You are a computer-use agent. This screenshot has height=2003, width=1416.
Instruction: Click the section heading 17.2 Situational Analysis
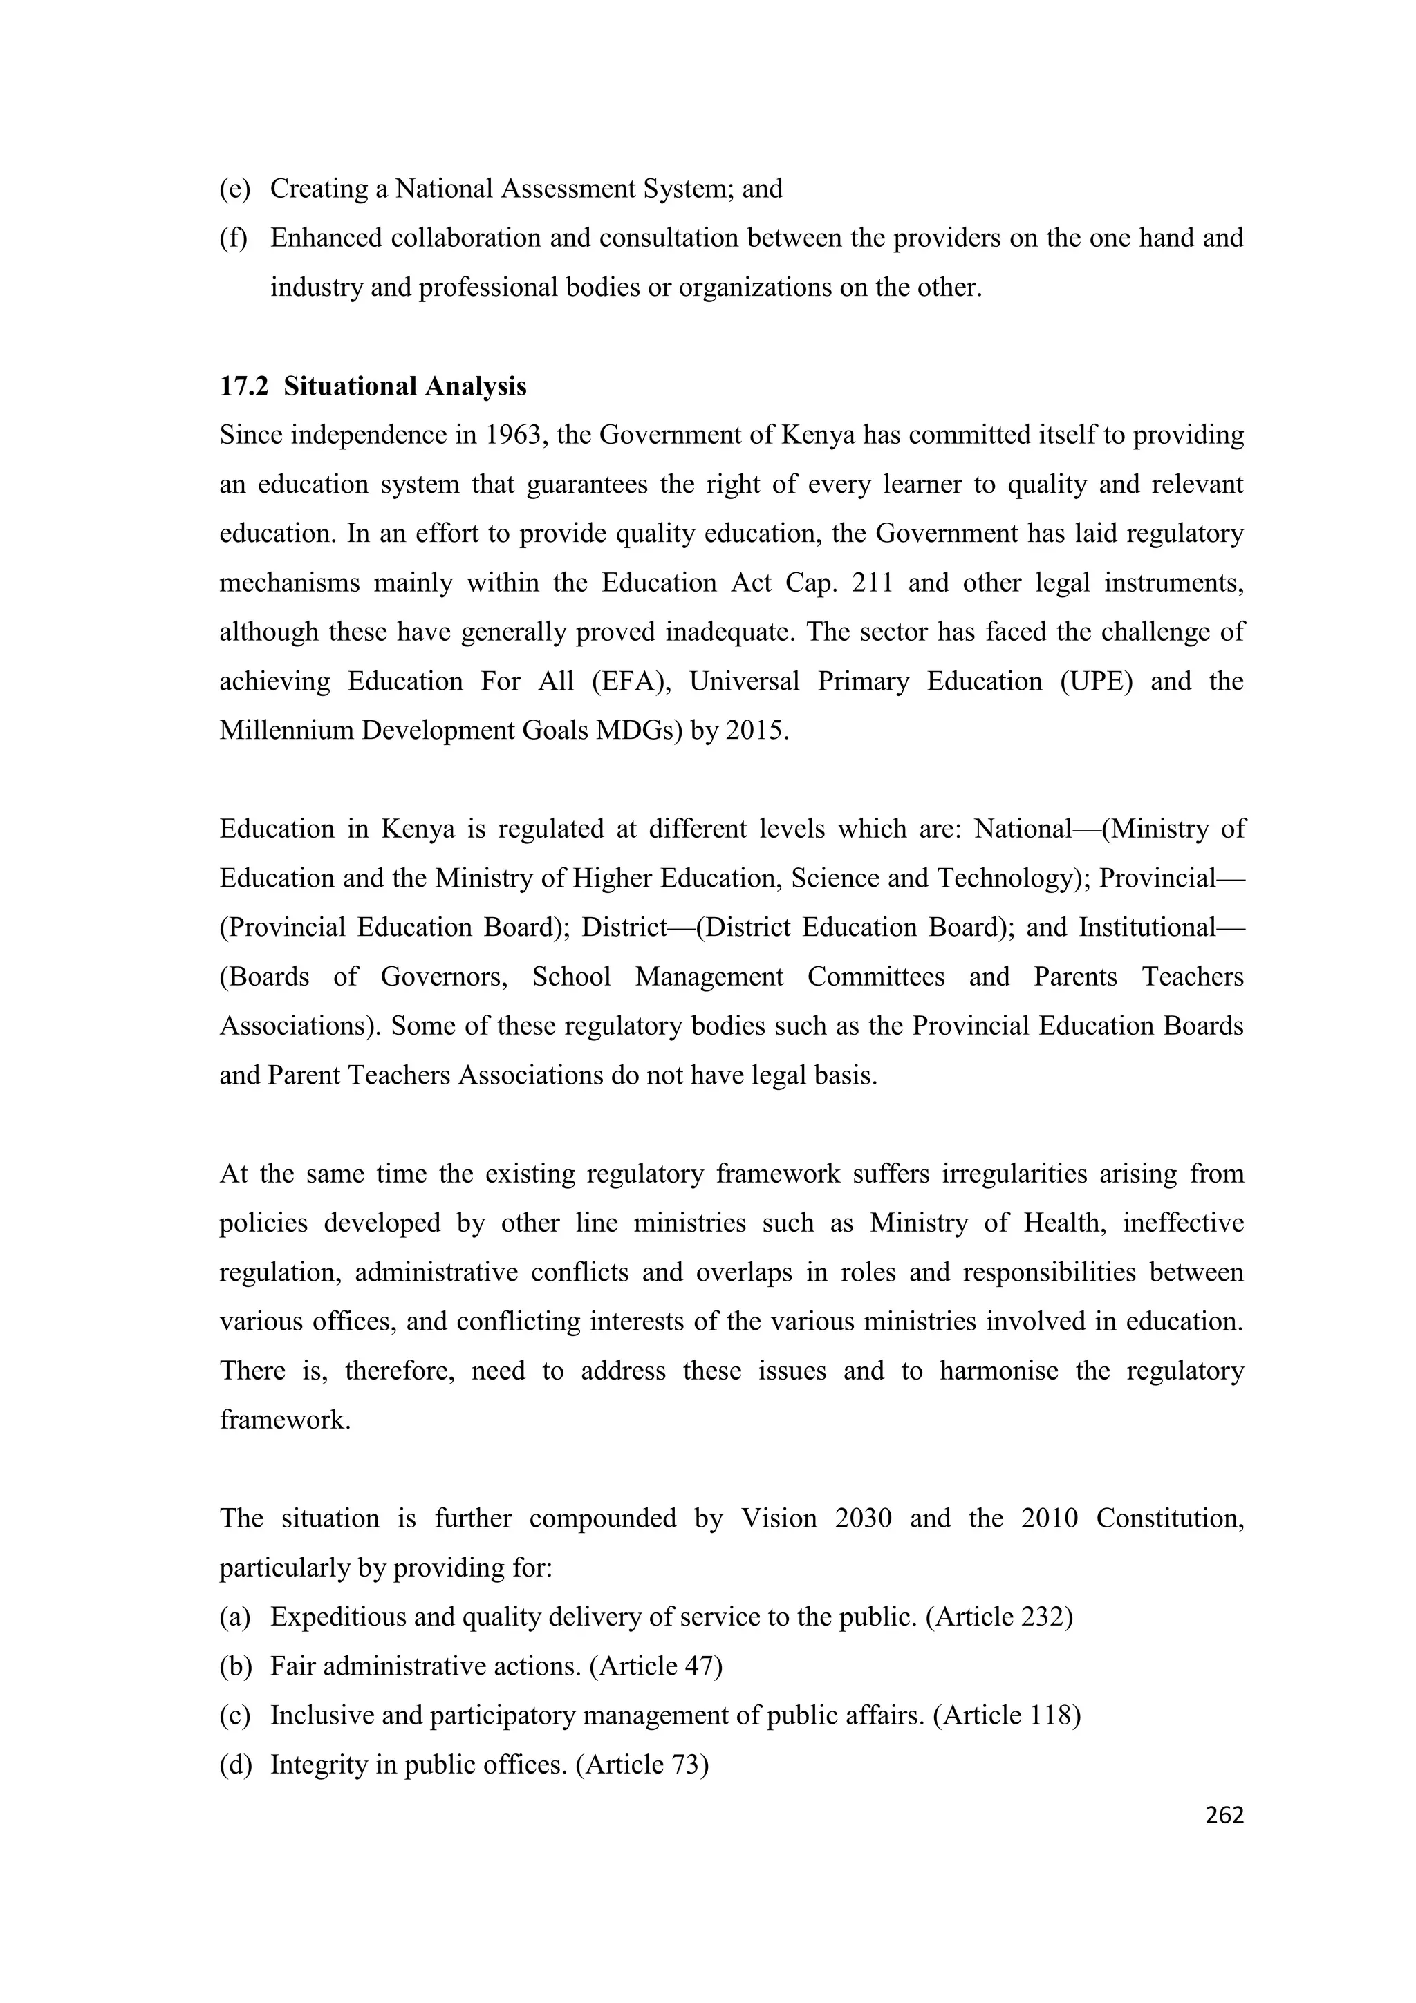(x=373, y=386)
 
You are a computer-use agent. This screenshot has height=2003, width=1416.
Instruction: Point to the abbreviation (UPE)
(x=1097, y=681)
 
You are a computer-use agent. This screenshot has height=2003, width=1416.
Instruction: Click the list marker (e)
(x=234, y=189)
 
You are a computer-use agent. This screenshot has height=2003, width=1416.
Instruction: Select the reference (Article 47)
(x=656, y=1666)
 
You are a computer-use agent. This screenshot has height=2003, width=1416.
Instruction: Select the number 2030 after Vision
(x=863, y=1518)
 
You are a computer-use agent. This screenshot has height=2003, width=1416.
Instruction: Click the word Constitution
(x=1169, y=1518)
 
